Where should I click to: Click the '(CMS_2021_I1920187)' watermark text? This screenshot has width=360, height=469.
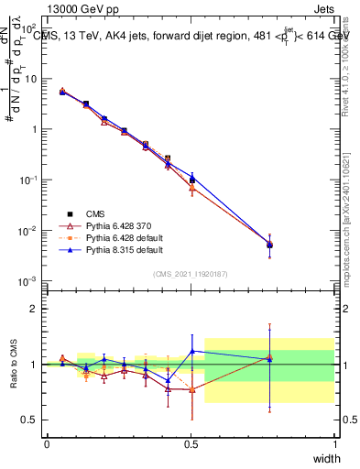click(191, 272)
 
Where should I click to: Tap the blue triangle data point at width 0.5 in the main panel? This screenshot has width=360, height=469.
click(191, 177)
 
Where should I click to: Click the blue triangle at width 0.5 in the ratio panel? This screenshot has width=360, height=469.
click(191, 351)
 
